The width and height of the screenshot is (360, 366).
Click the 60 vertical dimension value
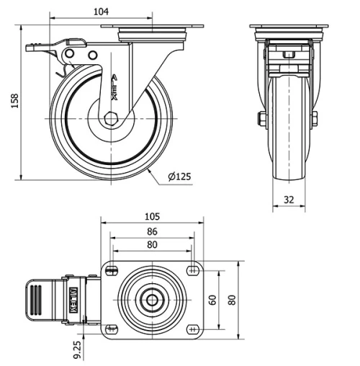212,299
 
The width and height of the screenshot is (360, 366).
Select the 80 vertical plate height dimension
231,299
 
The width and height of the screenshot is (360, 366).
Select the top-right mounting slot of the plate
192,270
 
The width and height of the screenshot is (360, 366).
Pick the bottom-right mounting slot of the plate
192,329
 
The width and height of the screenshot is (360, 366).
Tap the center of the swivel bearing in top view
152,300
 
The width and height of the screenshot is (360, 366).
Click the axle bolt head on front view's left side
259,118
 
